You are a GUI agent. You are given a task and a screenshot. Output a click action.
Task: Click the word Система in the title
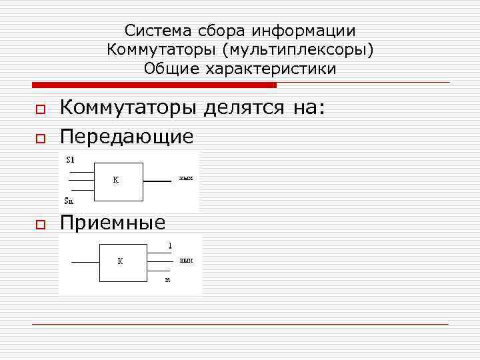(x=152, y=31)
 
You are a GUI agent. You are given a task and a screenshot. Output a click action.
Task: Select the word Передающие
(x=127, y=137)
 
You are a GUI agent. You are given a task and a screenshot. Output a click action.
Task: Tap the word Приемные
(x=113, y=223)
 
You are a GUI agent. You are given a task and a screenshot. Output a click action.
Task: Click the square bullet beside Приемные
(x=39, y=224)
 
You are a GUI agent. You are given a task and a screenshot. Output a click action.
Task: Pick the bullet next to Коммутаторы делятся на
(x=39, y=110)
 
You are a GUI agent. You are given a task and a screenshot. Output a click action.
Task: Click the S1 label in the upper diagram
(x=70, y=159)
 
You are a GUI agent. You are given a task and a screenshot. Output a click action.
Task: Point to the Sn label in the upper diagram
(x=70, y=200)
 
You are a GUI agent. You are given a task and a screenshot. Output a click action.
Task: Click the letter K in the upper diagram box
(x=115, y=181)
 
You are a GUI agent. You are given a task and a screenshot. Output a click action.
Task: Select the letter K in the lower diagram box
(x=120, y=261)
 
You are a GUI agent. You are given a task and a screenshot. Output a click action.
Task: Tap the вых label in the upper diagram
(x=186, y=179)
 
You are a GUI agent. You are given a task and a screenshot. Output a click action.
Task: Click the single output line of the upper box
(x=157, y=181)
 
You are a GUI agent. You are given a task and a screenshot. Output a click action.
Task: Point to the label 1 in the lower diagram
(x=170, y=245)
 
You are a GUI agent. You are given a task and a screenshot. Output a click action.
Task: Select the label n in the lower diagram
(x=168, y=280)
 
